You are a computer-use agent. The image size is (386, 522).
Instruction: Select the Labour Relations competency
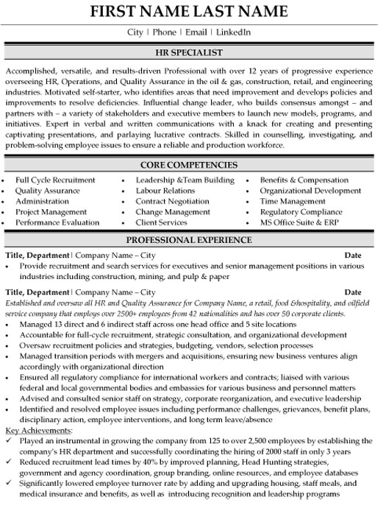(165, 190)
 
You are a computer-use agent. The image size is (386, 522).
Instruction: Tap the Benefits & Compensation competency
(304, 180)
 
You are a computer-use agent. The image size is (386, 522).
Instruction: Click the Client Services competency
(161, 222)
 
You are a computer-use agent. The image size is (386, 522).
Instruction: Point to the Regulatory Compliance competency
(301, 211)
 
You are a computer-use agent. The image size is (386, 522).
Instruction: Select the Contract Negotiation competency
(172, 201)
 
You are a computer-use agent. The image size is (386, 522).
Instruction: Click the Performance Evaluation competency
(57, 222)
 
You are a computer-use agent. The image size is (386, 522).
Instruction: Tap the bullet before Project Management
(5, 211)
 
